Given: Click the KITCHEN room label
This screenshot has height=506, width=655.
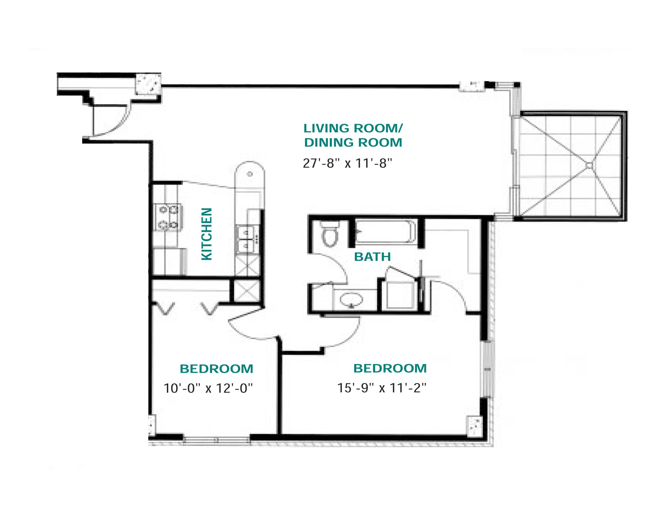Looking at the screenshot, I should [x=207, y=234].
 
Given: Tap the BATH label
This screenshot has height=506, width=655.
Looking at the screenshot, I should [x=372, y=257].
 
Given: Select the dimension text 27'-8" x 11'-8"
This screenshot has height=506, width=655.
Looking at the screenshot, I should [x=347, y=163].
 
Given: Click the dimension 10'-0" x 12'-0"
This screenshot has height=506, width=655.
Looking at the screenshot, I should [x=208, y=388].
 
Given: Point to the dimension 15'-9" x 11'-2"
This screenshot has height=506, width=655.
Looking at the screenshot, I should [x=382, y=388].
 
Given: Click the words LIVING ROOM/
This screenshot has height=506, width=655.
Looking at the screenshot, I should [x=353, y=129].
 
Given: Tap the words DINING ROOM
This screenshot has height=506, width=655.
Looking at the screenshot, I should [x=353, y=143].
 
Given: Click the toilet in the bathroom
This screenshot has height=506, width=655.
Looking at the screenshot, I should [x=330, y=234].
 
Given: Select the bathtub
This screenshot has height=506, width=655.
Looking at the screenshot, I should [x=385, y=232].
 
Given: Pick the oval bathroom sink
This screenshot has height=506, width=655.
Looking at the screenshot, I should [x=351, y=300].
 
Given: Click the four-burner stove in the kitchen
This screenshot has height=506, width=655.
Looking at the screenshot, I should [x=168, y=217].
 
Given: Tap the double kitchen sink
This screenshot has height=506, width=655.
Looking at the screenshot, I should [x=246, y=238].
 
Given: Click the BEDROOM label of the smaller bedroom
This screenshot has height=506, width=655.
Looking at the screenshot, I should [x=216, y=369].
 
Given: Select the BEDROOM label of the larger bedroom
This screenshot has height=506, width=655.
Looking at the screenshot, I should [x=390, y=368].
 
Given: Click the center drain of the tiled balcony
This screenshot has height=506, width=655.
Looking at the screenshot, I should [x=589, y=166].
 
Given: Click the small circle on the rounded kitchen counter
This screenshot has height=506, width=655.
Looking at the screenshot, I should [x=250, y=174].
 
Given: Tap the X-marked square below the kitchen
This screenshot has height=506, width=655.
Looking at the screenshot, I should [x=247, y=291].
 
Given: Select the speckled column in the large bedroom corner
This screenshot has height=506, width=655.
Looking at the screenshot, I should [x=474, y=426].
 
